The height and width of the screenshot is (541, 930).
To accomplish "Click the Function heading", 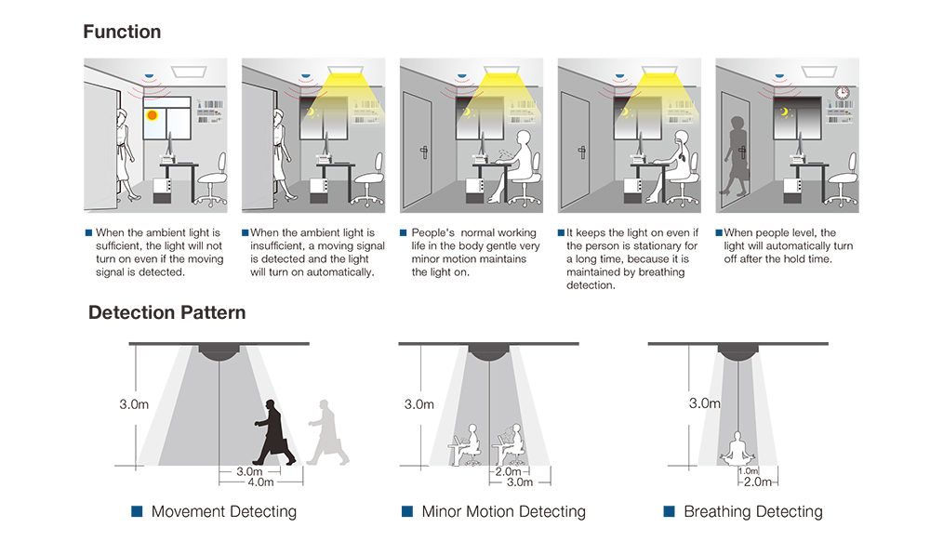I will click(x=122, y=32).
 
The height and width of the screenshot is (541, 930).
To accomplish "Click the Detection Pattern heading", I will click(x=167, y=312).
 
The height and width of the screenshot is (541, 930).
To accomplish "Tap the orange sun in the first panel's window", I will click(x=151, y=115).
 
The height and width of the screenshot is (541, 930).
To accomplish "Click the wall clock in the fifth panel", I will click(x=842, y=93).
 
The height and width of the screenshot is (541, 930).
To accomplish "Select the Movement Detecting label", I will click(x=223, y=512).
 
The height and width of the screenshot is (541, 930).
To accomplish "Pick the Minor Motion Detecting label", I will click(x=503, y=512).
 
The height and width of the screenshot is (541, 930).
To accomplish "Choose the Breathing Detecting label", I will click(x=752, y=512).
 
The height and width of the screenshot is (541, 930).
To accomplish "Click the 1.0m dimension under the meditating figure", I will click(x=748, y=471).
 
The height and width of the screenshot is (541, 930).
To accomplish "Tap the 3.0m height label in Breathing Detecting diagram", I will click(x=704, y=403).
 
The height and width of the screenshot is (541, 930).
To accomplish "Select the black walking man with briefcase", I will click(x=273, y=432).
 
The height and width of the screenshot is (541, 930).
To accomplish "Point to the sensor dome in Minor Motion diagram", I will click(x=489, y=352).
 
